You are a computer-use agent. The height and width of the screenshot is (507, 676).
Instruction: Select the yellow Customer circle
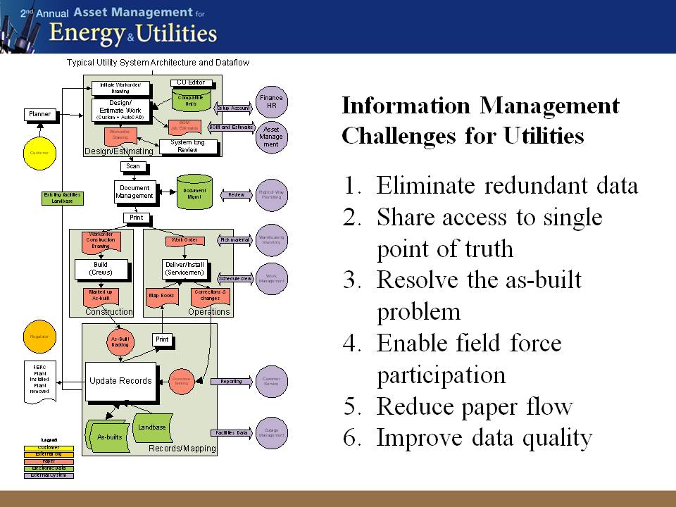coord(38,152)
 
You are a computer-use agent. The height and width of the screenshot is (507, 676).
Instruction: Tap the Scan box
coord(134,167)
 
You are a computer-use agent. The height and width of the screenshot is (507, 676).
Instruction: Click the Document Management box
coord(134,192)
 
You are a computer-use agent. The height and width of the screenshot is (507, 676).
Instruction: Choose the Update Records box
coord(120,381)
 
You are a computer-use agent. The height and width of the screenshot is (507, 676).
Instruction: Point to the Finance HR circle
coord(271,101)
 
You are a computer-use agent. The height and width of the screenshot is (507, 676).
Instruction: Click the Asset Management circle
coord(271,134)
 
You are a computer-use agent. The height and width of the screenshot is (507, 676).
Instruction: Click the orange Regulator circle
coord(38,337)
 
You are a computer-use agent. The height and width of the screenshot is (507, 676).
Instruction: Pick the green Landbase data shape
coord(152,427)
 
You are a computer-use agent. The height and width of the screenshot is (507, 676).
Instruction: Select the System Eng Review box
coord(188,146)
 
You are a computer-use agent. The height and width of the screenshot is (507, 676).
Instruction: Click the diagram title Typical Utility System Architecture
coord(141,63)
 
